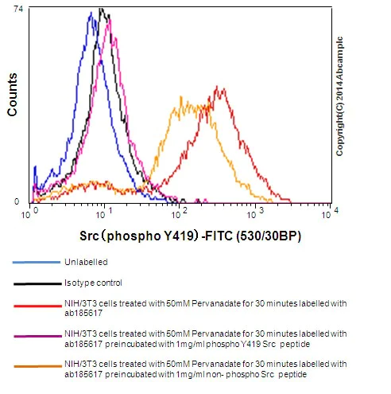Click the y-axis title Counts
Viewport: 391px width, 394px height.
pos(13,94)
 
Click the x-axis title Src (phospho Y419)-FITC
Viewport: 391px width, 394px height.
pos(191,236)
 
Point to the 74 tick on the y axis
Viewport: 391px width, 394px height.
pos(18,9)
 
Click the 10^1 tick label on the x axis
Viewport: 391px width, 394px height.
pos(104,213)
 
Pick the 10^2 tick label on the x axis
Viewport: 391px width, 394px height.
pos(179,213)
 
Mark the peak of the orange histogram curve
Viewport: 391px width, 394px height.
pos(182,101)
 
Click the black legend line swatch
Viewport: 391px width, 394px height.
pos(36,283)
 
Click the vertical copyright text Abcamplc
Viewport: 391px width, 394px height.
pos(339,96)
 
